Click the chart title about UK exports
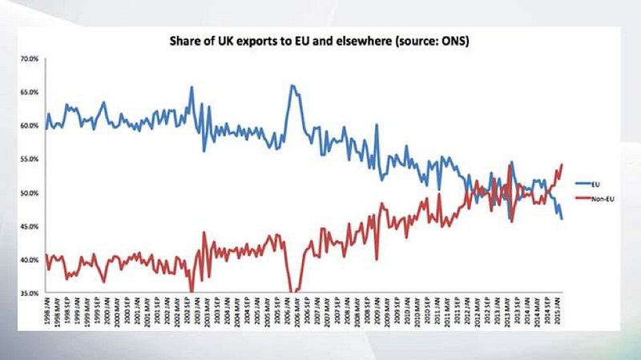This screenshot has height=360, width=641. point(320,39)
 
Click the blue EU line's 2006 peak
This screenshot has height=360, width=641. point(292,85)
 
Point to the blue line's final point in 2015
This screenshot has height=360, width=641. point(562,218)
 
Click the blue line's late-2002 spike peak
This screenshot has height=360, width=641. point(192,87)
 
